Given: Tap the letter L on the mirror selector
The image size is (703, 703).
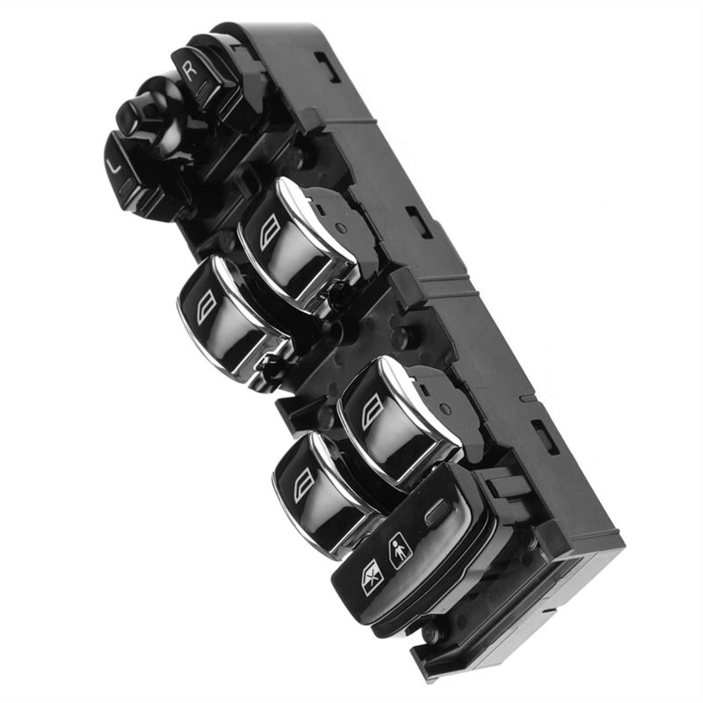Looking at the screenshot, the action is coord(115,166).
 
